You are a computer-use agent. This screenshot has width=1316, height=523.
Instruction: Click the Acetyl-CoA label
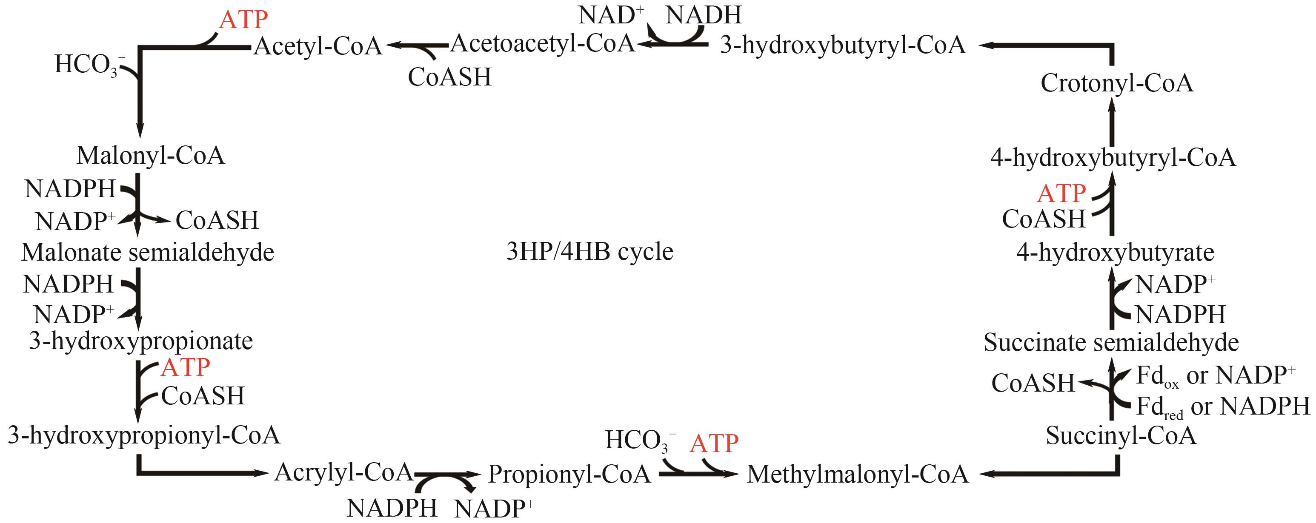tap(318, 46)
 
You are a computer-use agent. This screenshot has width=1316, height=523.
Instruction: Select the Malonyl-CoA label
tap(151, 155)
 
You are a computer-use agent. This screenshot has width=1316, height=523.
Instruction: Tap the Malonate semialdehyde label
tap(148, 252)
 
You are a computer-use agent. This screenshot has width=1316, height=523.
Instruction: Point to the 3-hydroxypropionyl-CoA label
tap(144, 435)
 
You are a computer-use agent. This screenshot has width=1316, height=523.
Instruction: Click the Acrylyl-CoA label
tap(343, 472)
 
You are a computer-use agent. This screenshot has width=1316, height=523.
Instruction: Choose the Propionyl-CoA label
tap(569, 474)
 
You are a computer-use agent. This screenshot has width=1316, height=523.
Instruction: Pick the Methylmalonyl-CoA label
tap(858, 474)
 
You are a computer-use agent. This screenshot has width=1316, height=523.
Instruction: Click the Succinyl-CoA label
tap(1121, 436)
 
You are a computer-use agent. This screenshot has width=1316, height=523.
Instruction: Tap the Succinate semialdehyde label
tap(1111, 342)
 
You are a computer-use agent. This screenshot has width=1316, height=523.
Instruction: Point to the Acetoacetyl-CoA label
tap(543, 43)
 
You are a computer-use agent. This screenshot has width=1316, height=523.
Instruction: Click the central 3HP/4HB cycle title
tap(589, 252)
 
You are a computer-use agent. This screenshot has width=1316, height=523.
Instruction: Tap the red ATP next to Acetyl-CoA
tap(243, 20)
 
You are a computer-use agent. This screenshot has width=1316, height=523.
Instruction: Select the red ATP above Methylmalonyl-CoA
tap(714, 443)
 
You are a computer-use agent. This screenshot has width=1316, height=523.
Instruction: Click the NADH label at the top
tap(704, 15)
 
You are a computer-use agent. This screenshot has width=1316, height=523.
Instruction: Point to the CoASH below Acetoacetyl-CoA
tap(449, 77)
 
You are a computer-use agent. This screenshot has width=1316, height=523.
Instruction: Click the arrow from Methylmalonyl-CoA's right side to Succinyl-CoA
tap(1053, 474)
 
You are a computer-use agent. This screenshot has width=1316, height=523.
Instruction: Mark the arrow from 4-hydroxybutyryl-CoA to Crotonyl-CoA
tap(1112, 122)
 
